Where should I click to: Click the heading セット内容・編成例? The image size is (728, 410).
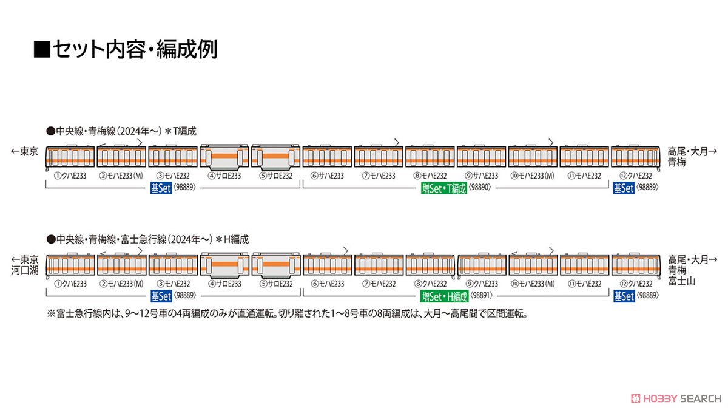click(x=126, y=49)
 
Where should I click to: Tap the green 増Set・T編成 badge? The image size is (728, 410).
click(x=444, y=188)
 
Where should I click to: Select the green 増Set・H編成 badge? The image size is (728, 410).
click(x=444, y=296)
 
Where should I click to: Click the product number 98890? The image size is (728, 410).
click(x=480, y=187)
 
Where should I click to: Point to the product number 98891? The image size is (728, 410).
click(x=481, y=295)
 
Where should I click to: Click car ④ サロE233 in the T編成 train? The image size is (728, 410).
click(x=224, y=157)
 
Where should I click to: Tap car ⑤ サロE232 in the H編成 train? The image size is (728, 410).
click(x=276, y=265)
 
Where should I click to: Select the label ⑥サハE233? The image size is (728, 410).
click(x=327, y=176)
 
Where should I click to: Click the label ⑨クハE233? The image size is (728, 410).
click(x=482, y=284)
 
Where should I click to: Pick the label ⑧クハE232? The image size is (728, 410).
click(x=430, y=284)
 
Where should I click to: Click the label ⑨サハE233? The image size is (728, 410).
click(x=481, y=176)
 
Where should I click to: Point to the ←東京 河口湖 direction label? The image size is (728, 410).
click(x=25, y=265)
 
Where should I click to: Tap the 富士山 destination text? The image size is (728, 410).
click(x=681, y=281)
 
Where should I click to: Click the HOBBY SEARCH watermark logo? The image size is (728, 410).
click(x=676, y=398)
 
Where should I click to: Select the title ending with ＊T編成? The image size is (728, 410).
click(x=121, y=131)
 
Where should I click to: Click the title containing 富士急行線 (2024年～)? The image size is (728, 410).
click(x=147, y=239)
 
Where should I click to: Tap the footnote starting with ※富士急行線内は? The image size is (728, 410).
click(x=288, y=313)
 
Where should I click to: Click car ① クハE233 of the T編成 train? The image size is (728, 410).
click(x=70, y=157)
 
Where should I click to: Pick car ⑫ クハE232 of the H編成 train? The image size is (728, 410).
click(x=636, y=265)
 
